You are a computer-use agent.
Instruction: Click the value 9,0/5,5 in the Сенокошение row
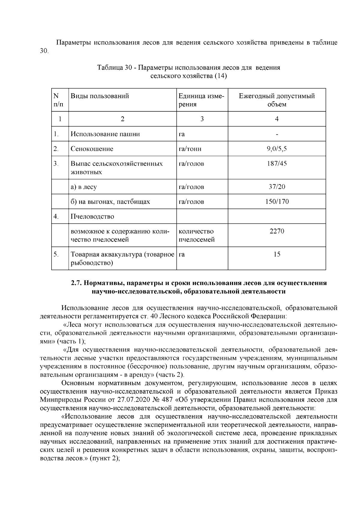pyautogui.click(x=277, y=149)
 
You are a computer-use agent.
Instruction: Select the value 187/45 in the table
pyautogui.click(x=277, y=164)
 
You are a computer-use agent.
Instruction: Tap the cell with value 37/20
pyautogui.click(x=277, y=187)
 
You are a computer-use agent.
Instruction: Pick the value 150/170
pyautogui.click(x=277, y=202)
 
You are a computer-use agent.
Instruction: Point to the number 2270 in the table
pyautogui.click(x=277, y=231)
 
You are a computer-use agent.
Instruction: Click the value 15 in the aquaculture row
pyautogui.click(x=277, y=254)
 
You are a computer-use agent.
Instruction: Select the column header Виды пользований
pyautogui.click(x=100, y=96)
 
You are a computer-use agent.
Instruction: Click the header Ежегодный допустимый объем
pyautogui.click(x=277, y=100)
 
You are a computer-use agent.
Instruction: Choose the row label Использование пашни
pyautogui.click(x=105, y=134)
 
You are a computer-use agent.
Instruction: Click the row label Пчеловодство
pyautogui.click(x=92, y=217)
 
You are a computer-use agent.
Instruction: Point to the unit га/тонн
pyautogui.click(x=190, y=149)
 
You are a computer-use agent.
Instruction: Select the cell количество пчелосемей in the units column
pyautogui.click(x=196, y=235)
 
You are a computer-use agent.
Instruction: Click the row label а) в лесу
pyautogui.click(x=84, y=187)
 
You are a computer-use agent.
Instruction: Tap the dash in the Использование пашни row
pyautogui.click(x=277, y=134)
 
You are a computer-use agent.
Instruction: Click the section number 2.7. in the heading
pyautogui.click(x=77, y=283)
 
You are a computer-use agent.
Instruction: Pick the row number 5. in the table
pyautogui.click(x=56, y=254)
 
